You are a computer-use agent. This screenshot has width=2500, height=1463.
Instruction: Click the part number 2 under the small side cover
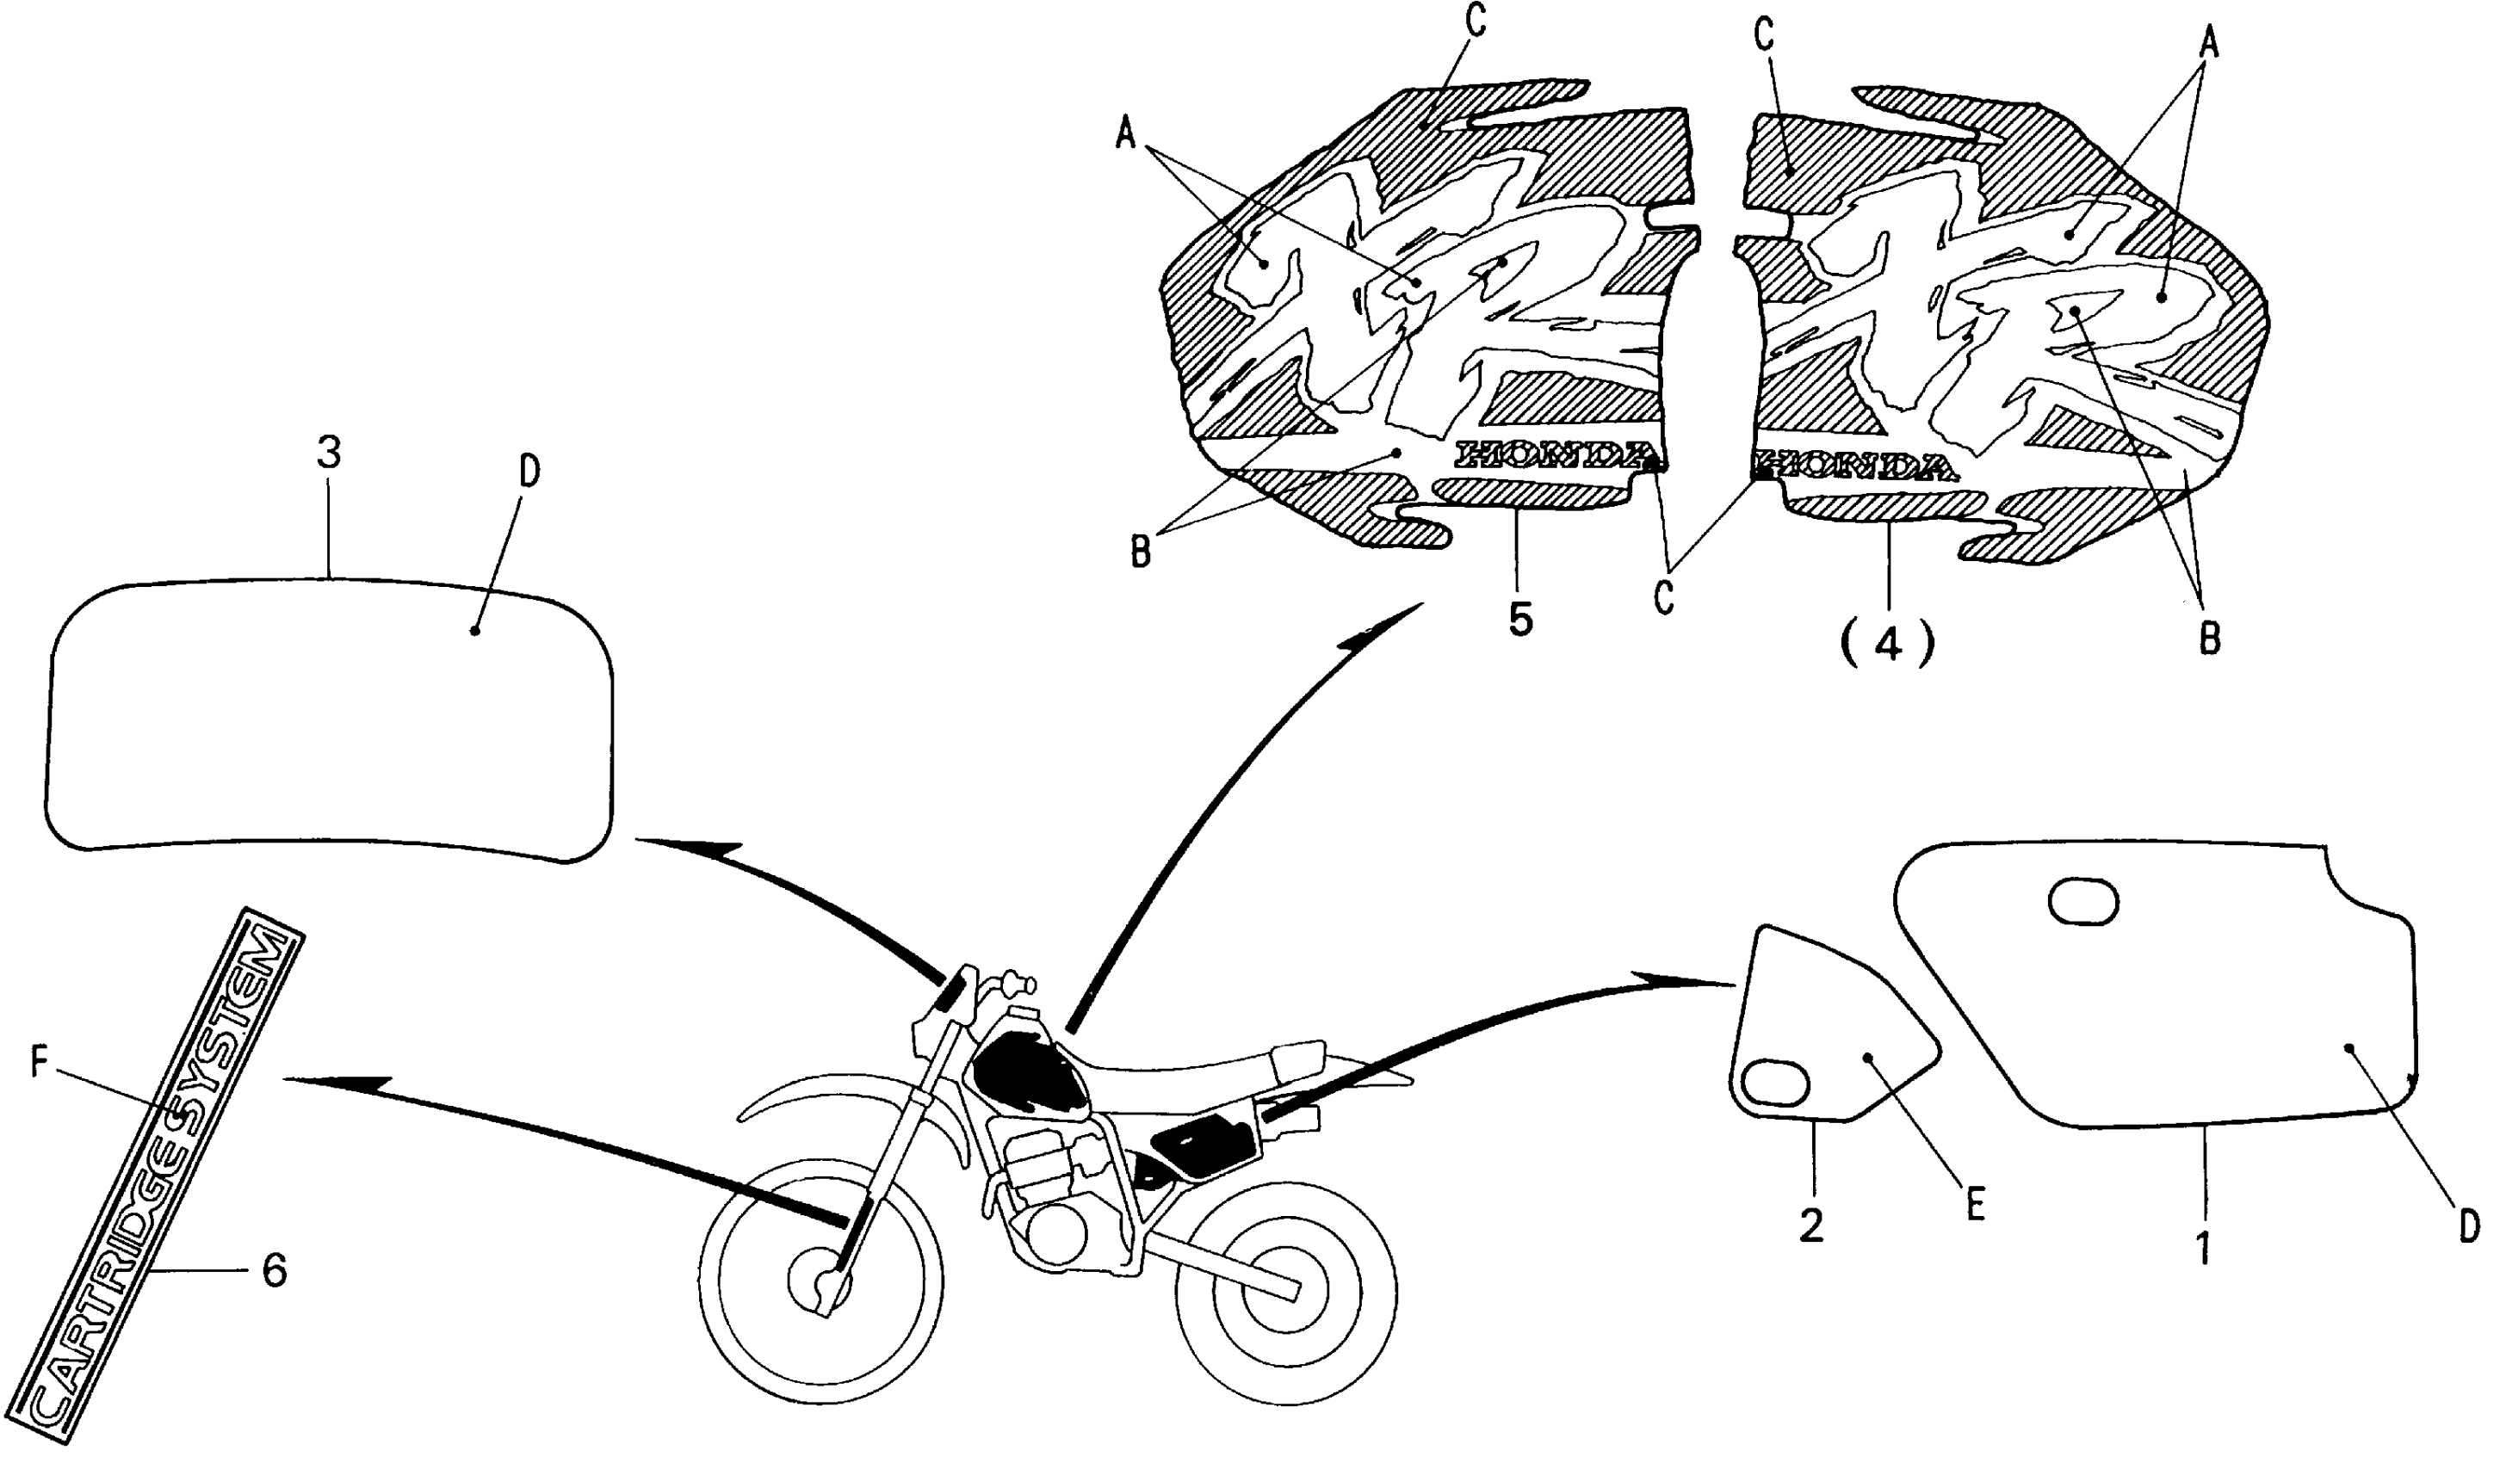(1810, 1226)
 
